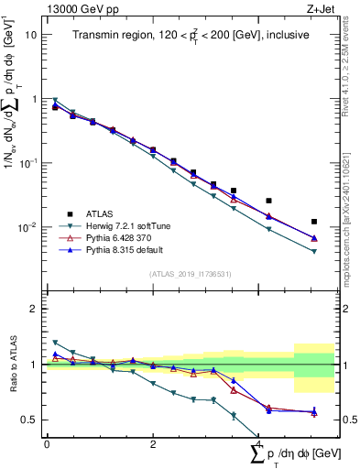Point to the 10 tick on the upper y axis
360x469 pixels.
click(31, 35)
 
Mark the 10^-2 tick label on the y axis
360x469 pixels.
click(28, 227)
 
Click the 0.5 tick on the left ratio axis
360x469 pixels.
click(28, 420)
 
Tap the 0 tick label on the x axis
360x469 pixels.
click(47, 444)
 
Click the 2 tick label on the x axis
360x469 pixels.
click(152, 444)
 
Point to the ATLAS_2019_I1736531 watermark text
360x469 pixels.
click(189, 274)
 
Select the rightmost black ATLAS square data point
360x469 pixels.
click(314, 222)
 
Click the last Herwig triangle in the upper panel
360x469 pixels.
click(314, 251)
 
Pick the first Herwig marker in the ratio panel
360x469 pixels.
click(55, 343)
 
